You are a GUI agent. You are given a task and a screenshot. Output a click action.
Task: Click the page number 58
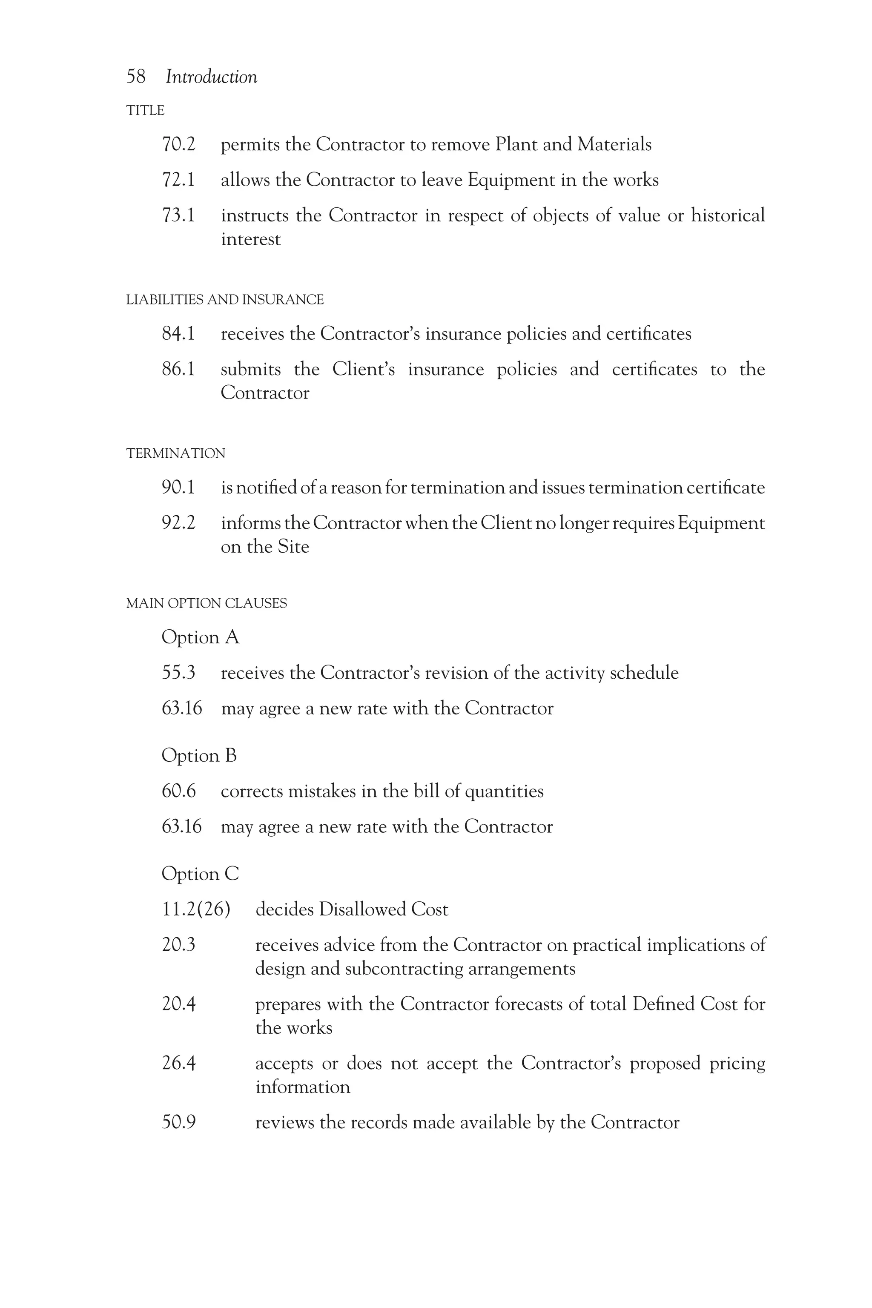[136, 77]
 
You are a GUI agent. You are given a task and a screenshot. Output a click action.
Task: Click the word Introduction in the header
[211, 77]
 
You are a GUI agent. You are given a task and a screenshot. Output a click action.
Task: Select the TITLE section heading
[145, 111]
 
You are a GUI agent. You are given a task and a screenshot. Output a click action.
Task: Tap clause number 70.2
[178, 145]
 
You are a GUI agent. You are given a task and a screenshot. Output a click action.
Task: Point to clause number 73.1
[178, 215]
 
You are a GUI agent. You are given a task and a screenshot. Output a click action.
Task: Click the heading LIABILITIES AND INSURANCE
[225, 300]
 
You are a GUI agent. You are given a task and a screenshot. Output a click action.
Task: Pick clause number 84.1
[178, 334]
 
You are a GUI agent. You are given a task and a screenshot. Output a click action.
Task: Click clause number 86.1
[178, 369]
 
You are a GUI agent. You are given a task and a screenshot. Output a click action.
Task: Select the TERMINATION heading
[176, 453]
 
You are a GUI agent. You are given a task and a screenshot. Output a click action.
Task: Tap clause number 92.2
[178, 523]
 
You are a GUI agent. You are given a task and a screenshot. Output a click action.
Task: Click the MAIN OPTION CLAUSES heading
[207, 603]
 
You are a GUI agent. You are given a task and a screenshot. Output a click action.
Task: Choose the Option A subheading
[200, 637]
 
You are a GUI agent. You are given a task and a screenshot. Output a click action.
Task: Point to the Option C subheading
[200, 874]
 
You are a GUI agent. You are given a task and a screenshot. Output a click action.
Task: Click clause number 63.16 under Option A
[182, 708]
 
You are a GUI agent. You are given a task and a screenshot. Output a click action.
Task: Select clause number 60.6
[178, 792]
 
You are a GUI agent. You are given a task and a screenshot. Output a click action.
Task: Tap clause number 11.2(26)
[196, 909]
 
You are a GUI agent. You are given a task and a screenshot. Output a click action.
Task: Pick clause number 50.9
[178, 1122]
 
